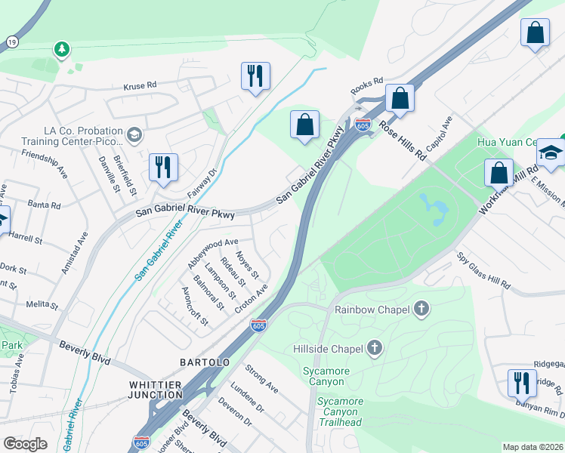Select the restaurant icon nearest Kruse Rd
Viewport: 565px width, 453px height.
[255, 76]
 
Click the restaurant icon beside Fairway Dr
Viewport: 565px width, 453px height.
[162, 168]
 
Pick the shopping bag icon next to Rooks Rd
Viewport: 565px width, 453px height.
[399, 98]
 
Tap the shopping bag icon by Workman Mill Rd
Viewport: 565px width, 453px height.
[498, 172]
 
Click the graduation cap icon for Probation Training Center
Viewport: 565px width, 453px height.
[134, 135]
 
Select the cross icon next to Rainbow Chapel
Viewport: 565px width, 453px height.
[421, 309]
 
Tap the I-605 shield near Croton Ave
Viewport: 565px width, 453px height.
[258, 325]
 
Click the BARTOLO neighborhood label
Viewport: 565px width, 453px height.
[205, 362]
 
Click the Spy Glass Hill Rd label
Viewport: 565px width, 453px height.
[483, 270]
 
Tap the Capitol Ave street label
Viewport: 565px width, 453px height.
[439, 132]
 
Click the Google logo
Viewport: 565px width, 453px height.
[25, 444]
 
